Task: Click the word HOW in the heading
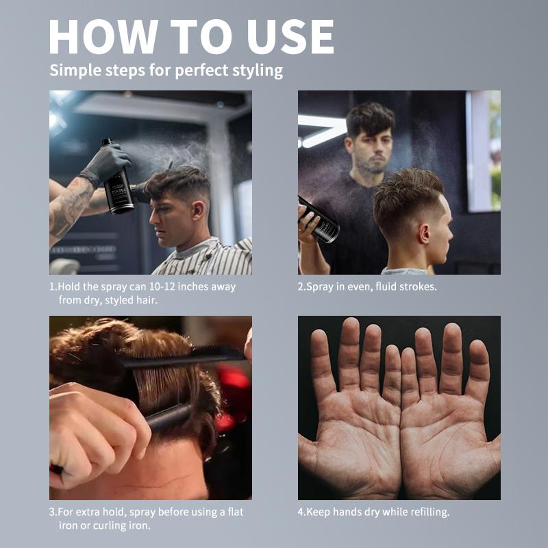(104, 37)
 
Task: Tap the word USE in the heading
(290, 37)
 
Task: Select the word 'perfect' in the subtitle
(201, 71)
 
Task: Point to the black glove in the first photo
(106, 164)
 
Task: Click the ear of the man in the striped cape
(197, 212)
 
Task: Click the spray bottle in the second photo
(319, 220)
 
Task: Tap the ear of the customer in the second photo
(424, 234)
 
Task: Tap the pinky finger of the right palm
(476, 370)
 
